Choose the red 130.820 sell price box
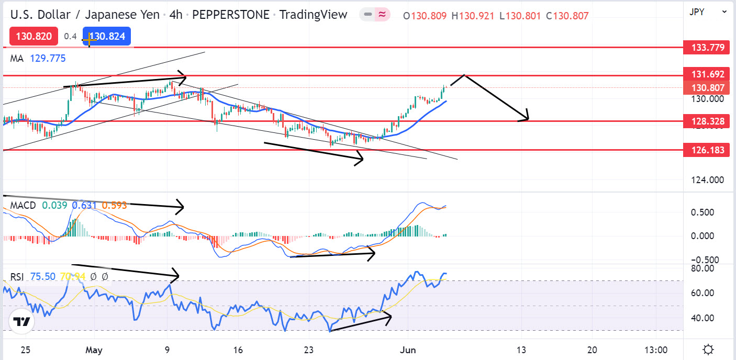34,36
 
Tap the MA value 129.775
48,59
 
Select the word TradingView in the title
313,15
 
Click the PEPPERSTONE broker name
231,15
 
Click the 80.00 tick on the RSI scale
702,268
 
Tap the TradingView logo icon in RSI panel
21,322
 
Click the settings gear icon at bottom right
709,349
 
